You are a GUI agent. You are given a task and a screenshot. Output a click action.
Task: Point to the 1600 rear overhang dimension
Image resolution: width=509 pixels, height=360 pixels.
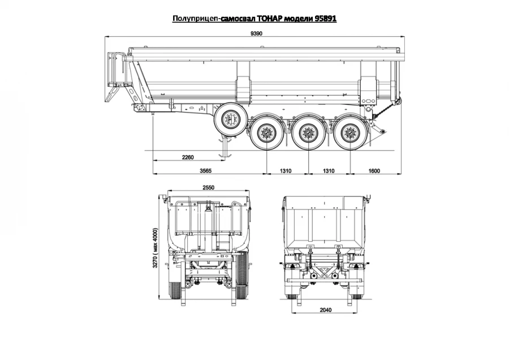coord(373,170)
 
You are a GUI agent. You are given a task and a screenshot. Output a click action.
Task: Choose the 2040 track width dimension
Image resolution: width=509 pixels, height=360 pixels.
coord(325,310)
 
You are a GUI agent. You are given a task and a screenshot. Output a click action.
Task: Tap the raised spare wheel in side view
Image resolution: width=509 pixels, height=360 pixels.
coord(230,119)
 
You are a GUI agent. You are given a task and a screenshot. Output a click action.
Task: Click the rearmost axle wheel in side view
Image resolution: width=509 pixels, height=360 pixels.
coord(348,134)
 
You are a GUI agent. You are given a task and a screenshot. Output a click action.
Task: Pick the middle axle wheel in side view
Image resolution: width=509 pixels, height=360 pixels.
coord(307,134)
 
